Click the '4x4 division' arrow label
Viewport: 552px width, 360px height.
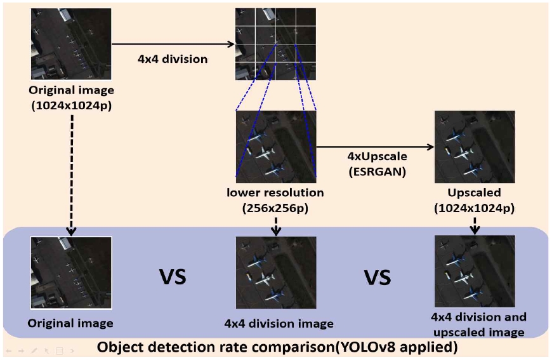tap(173, 59)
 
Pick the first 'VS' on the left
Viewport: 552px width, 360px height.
tap(171, 277)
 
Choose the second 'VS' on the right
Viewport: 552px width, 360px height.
tap(377, 277)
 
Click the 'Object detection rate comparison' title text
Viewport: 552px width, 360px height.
tap(276, 347)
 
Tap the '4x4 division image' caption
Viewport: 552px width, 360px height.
tap(279, 323)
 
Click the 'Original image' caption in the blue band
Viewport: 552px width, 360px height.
tap(70, 323)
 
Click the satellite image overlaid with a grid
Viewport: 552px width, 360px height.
tap(275, 43)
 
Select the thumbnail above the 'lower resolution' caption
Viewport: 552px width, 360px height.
tap(275, 147)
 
